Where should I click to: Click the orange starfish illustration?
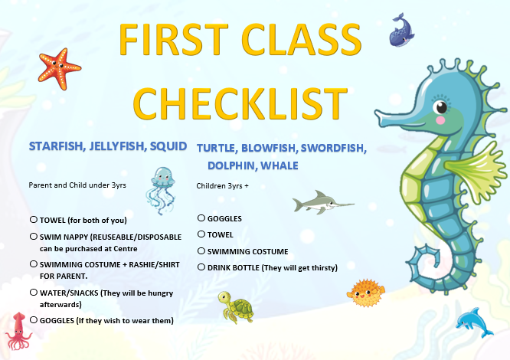point(60,68)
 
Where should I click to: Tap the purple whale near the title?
point(402,31)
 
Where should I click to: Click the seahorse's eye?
point(441,106)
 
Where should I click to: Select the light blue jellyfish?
point(162,191)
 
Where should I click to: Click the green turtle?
point(236,307)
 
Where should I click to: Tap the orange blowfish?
point(366,293)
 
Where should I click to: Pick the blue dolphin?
point(474,322)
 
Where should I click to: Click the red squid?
point(18,331)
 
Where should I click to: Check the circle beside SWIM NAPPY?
point(34,237)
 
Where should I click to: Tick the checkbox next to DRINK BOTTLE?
point(201,267)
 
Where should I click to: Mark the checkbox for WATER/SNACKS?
point(34,293)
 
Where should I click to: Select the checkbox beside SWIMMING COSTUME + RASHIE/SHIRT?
point(34,263)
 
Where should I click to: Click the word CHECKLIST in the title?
point(240,103)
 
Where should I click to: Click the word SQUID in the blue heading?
point(168,146)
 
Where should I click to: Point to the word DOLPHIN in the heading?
point(231,165)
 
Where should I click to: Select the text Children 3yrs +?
point(223,186)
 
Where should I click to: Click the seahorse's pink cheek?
point(440,120)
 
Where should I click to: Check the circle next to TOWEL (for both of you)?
point(34,220)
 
